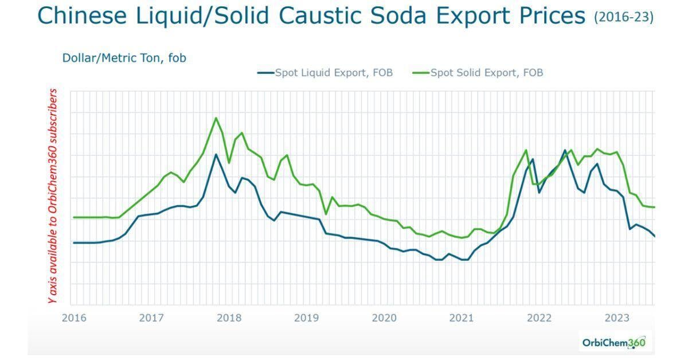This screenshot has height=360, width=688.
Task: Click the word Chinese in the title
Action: [82, 16]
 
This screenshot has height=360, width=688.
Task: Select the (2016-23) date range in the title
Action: [624, 17]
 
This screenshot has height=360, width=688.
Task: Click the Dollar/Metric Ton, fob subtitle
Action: [124, 58]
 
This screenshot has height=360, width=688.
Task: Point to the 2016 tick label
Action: [74, 318]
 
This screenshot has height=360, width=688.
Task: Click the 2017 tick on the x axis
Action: [151, 318]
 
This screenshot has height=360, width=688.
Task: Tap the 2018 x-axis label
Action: [229, 318]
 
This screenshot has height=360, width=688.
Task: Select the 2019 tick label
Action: [306, 318]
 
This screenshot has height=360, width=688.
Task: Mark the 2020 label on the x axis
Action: [384, 318]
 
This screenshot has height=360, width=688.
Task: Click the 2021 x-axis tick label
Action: [462, 318]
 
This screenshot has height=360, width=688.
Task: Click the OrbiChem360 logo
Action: [613, 343]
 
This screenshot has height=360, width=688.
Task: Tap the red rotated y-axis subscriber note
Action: [53, 196]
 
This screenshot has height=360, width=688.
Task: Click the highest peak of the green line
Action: [216, 118]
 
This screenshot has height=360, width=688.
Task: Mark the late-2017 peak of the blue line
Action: [216, 154]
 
